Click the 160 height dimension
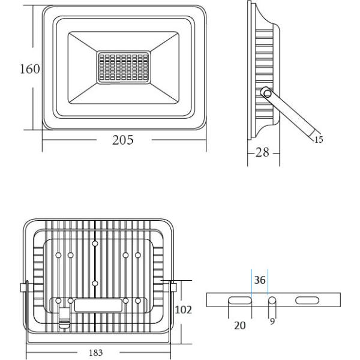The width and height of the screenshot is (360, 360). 29,69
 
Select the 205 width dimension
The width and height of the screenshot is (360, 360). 123,140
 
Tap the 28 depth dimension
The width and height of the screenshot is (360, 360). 262,152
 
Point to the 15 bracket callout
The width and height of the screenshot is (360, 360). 318,140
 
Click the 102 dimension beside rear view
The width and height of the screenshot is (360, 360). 183,310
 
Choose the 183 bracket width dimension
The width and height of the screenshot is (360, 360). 96,352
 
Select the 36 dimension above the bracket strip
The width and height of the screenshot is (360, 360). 259,280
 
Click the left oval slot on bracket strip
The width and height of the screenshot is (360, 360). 240,300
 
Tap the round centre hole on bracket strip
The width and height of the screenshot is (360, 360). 272,300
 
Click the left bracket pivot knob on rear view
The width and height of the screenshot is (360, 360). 25,288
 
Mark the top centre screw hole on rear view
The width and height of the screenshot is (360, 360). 95,244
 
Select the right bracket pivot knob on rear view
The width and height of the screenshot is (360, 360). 173,288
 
